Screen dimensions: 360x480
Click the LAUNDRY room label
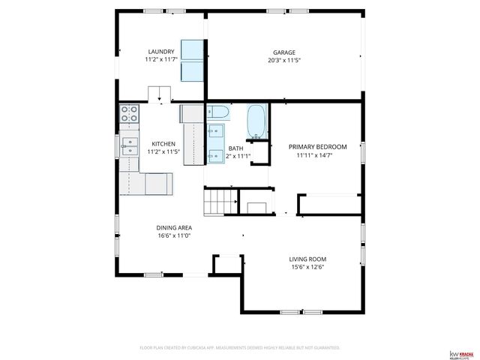pyautogui.click(x=160, y=52)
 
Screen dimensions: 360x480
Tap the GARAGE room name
pyautogui.click(x=284, y=52)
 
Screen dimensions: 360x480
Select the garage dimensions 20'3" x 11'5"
pyautogui.click(x=284, y=60)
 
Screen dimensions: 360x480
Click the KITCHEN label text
pyautogui.click(x=163, y=144)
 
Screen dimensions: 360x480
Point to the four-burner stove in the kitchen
pyautogui.click(x=129, y=114)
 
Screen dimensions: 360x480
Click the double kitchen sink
pyautogui.click(x=130, y=145)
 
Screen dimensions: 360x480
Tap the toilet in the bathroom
pyautogui.click(x=218, y=112)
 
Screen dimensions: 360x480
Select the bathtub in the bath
pyautogui.click(x=257, y=121)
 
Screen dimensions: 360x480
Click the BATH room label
pyautogui.click(x=235, y=148)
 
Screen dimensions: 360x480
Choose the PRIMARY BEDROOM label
pyautogui.click(x=318, y=147)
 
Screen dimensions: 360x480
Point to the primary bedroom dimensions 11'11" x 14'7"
pyautogui.click(x=318, y=155)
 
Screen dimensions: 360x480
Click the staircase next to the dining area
pyautogui.click(x=221, y=201)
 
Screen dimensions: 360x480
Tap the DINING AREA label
pyautogui.click(x=174, y=228)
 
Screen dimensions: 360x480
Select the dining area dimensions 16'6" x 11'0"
pyautogui.click(x=174, y=235)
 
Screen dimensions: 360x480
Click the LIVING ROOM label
pyautogui.click(x=307, y=259)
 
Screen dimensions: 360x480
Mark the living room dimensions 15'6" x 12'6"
pyautogui.click(x=307, y=268)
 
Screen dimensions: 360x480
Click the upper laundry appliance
pyautogui.click(x=193, y=49)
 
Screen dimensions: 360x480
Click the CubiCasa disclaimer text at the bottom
pyautogui.click(x=240, y=348)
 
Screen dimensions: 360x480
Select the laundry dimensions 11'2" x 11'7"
pyautogui.click(x=160, y=59)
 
